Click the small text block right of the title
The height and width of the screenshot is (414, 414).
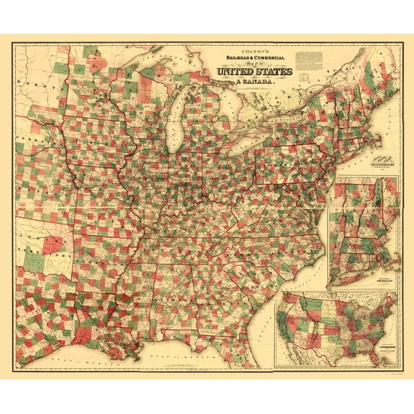(308, 59)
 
